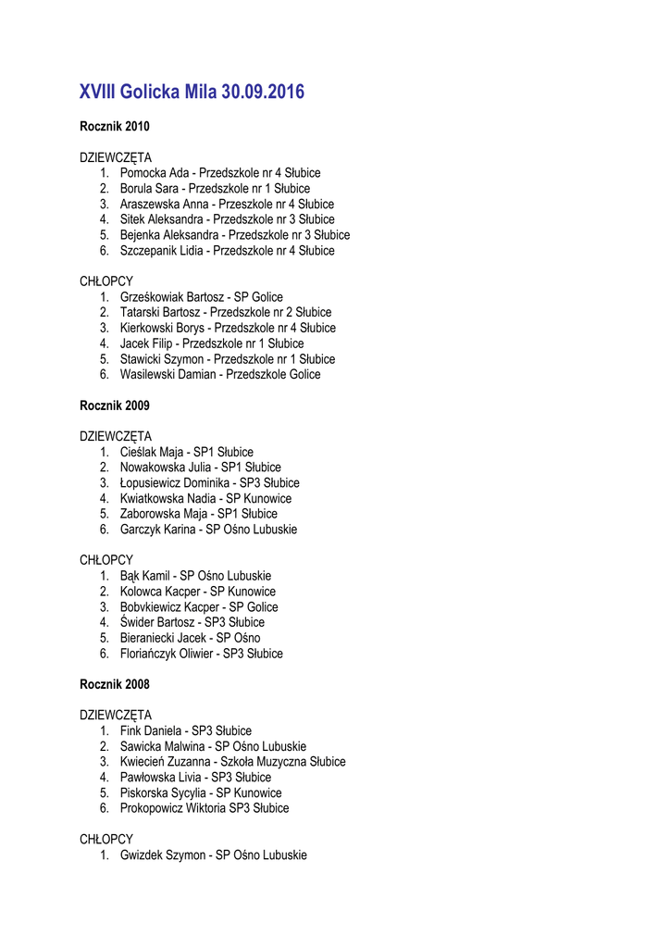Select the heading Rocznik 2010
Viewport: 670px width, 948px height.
coord(115,126)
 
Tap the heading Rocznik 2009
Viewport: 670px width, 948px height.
coord(115,405)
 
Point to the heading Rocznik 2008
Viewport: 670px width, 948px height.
coord(115,684)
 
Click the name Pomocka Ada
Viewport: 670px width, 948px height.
coord(155,173)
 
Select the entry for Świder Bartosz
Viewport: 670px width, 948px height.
coord(153,623)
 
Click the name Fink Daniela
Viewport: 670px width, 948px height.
coord(151,731)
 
